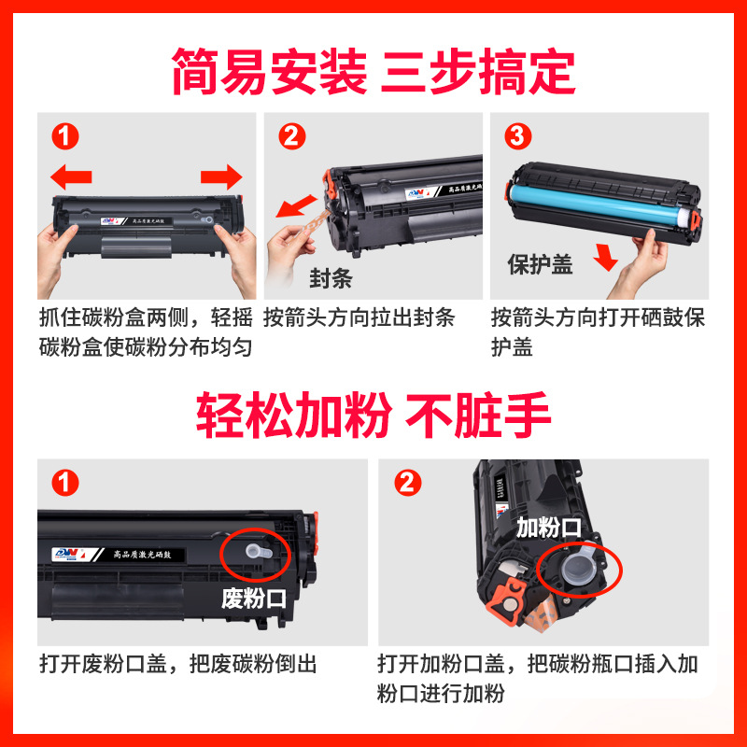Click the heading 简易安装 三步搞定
point(373,71)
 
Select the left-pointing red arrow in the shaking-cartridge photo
point(72,176)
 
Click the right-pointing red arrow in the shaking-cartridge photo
point(221,176)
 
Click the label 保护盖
point(540,263)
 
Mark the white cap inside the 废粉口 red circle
point(254,552)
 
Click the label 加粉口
point(548,528)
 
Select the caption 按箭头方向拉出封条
point(359,317)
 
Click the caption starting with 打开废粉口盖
point(178,664)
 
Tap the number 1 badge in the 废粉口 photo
point(63,483)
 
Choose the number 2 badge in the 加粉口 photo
point(408,483)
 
